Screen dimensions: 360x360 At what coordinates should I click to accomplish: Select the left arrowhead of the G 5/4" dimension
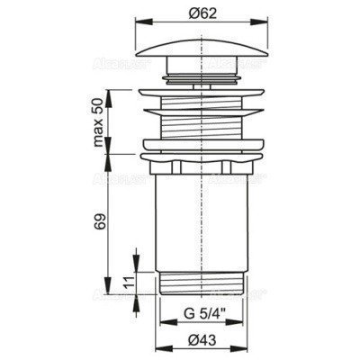coord(166,323)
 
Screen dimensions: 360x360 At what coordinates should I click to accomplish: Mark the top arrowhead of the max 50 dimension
coord(105,91)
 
